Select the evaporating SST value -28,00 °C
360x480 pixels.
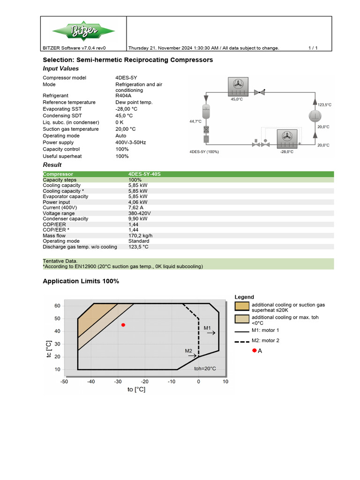pos(127,109)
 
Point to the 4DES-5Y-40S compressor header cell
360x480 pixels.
pos(144,174)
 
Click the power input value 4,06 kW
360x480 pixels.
pos(138,202)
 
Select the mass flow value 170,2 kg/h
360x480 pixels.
pos(140,236)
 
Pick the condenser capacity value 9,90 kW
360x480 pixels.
pos(138,219)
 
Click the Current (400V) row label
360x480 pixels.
pos(60,208)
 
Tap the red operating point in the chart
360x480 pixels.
pos(123,325)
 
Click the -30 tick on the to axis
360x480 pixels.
pos(118,382)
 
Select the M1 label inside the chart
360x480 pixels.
pos(208,328)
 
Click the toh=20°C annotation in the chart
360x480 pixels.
pos(205,368)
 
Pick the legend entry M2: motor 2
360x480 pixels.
pos(265,341)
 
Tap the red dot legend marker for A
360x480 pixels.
pos(254,351)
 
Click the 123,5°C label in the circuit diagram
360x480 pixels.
pos(324,105)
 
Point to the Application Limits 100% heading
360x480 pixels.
pos(81,281)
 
